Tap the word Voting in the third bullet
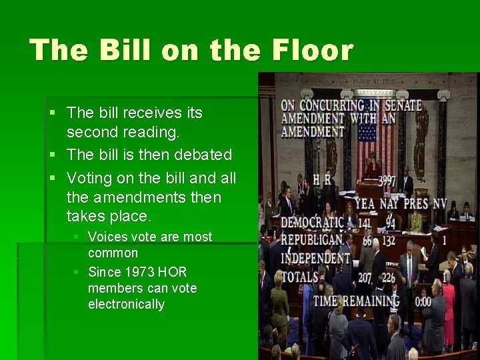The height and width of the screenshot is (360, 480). pos(89,179)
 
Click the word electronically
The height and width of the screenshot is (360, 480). pos(126,304)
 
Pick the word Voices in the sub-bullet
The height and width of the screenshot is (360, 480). pos(108,237)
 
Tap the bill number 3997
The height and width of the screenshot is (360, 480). pos(387,181)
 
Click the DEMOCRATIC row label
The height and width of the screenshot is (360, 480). pos(312,222)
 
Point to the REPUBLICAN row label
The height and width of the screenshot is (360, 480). pos(311,240)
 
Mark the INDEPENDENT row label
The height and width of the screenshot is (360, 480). pos(315,258)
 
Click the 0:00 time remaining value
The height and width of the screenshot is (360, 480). pos(423,301)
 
